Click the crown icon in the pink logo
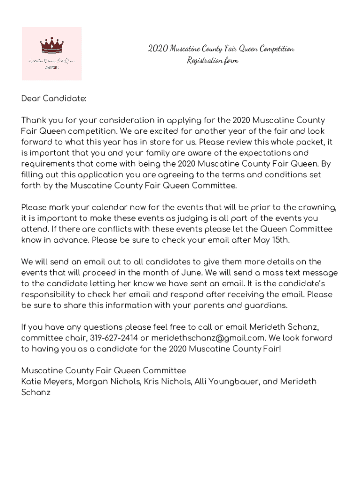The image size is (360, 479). point(51,45)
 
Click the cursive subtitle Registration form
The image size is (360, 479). point(212,61)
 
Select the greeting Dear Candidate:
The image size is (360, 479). point(54,99)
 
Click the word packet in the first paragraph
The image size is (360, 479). point(311,142)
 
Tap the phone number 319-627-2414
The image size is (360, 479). point(114,338)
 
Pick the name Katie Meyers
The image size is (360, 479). point(47,382)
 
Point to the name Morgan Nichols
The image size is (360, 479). point(108,382)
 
